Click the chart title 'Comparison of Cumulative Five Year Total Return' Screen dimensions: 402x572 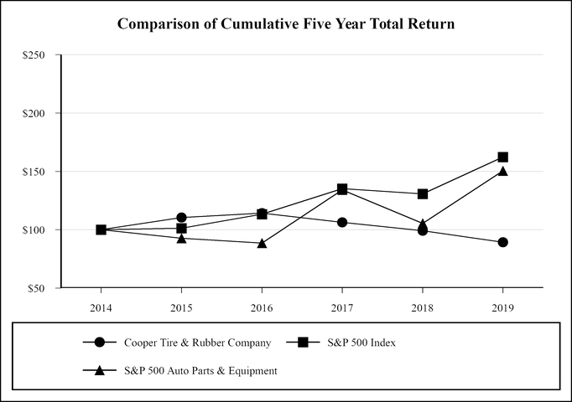(286, 24)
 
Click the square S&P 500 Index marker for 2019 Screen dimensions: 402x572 (502, 157)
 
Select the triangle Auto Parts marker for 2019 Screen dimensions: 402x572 (502, 171)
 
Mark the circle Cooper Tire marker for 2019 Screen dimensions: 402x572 (502, 242)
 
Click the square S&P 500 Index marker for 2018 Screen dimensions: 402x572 (423, 193)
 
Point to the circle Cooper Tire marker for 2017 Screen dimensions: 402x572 (342, 222)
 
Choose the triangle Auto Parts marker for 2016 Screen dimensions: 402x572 (262, 243)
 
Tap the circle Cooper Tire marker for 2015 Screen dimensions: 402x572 (181, 218)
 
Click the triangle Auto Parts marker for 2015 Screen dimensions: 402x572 (181, 238)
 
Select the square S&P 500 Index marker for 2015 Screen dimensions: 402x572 (181, 228)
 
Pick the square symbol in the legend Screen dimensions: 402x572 (304, 343)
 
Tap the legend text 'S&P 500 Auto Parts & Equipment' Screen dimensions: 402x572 (200, 370)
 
